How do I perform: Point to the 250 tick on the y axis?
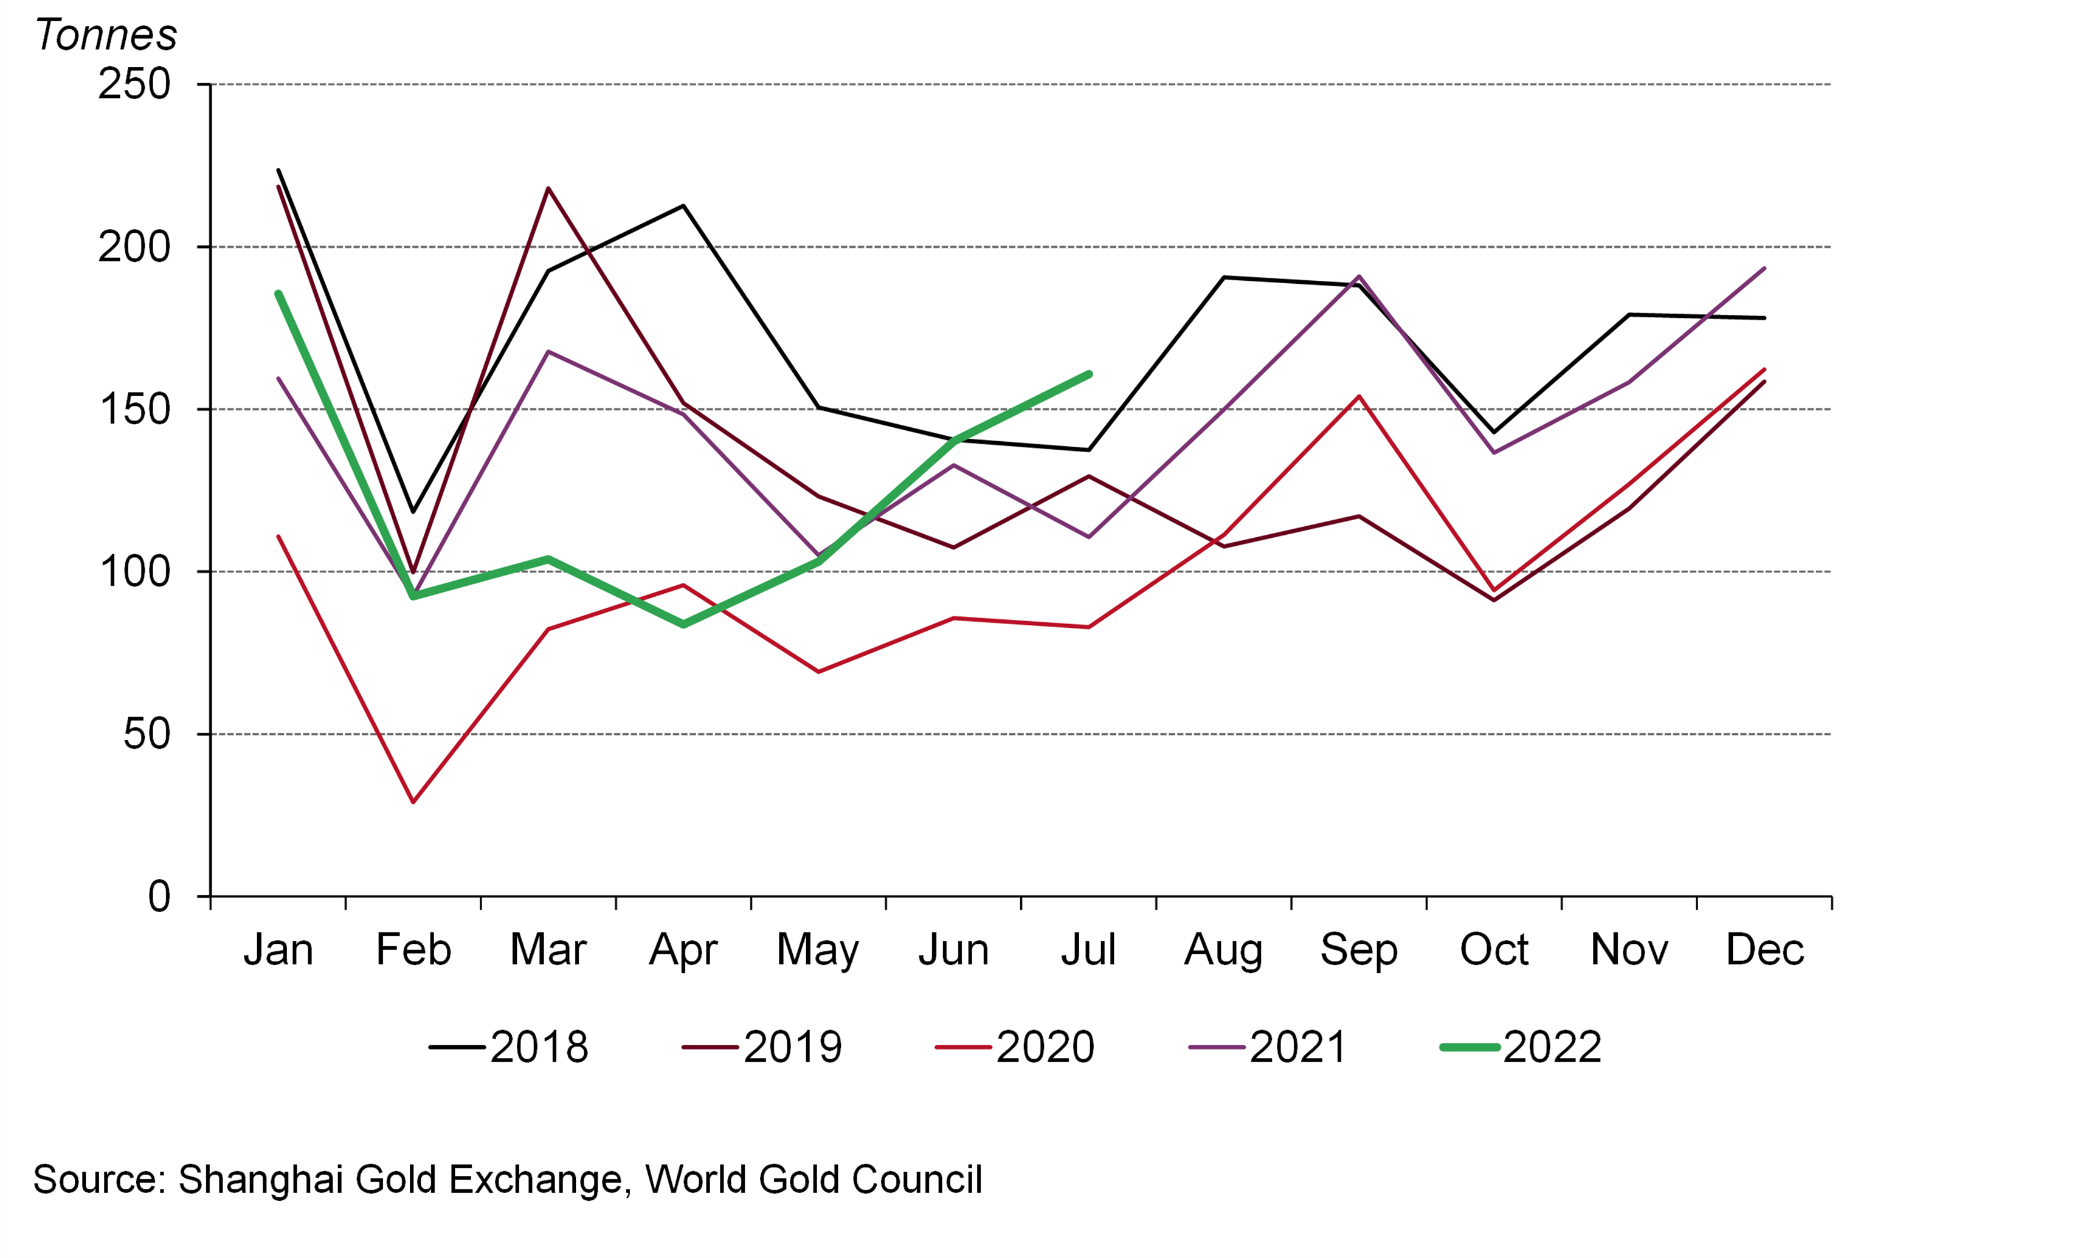[134, 84]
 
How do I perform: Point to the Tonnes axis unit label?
[106, 36]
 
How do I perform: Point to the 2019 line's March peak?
[548, 188]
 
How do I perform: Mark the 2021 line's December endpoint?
[1764, 269]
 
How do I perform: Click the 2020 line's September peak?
[1358, 396]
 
